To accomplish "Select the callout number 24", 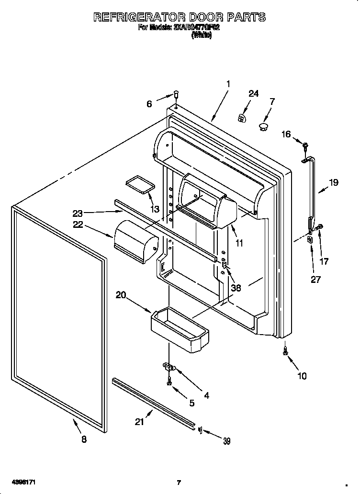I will pyautogui.click(x=253, y=94).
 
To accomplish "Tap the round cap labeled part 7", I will pyautogui.click(x=263, y=126).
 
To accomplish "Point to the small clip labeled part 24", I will pyautogui.click(x=243, y=117).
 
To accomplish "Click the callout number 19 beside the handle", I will pyautogui.click(x=333, y=182).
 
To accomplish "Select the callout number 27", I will pyautogui.click(x=315, y=280).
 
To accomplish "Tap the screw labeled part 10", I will pyautogui.click(x=286, y=352).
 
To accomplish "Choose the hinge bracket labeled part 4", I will pyautogui.click(x=169, y=367).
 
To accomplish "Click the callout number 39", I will pyautogui.click(x=226, y=441).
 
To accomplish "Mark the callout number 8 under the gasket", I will pyautogui.click(x=84, y=439).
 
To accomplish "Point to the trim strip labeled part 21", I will pyautogui.click(x=153, y=402).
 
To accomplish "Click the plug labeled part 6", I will pyautogui.click(x=176, y=95).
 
